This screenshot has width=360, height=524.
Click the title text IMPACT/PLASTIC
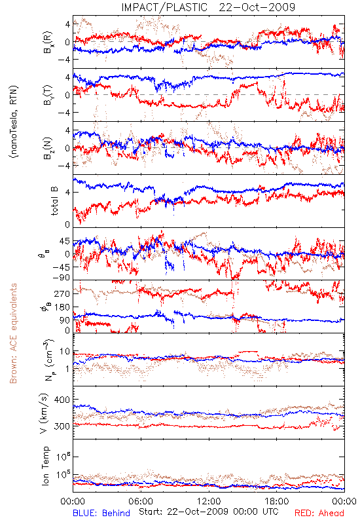click(164, 7)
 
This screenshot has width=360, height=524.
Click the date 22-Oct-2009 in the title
click(257, 7)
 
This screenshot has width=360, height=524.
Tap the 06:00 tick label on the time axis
click(141, 501)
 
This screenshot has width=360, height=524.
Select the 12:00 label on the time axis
click(209, 501)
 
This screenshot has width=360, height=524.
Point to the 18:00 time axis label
click(277, 501)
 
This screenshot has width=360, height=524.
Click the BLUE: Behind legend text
click(101, 513)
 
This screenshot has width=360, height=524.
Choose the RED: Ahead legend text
click(319, 513)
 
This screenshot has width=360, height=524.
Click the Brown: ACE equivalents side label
click(13, 333)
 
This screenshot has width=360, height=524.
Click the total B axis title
click(54, 200)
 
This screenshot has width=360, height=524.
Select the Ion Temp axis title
click(46, 466)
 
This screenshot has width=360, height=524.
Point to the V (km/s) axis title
click(44, 413)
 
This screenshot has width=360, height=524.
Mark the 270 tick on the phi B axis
click(62, 293)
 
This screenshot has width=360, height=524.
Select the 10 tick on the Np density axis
click(65, 352)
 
